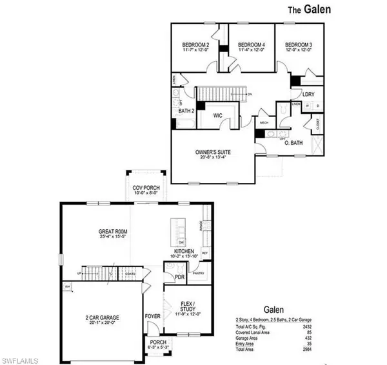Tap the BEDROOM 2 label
[195, 44]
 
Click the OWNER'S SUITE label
[213, 153]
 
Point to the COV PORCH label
[146, 188]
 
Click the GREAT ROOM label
[114, 231]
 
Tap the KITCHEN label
[186, 250]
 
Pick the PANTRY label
[199, 274]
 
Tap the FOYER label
[152, 317]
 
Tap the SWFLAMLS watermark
[23, 356]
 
